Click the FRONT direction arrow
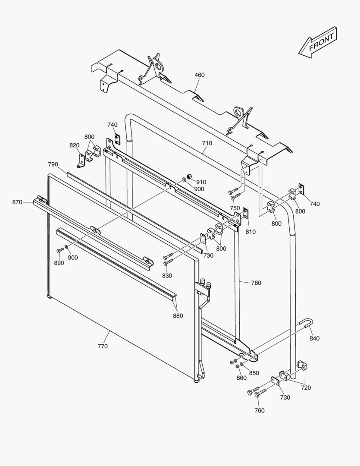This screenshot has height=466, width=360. pos(317,42)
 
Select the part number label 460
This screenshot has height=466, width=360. pos(199,75)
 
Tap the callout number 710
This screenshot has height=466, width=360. pos(207,143)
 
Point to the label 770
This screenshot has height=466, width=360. pos(103,346)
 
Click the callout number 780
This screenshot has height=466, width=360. pos(256,283)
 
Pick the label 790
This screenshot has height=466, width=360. pos(53,164)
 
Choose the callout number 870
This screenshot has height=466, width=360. pos(17,202)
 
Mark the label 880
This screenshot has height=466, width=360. pos(178,315)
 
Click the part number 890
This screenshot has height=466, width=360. pos(59,263)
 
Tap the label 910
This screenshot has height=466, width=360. pos(201,182)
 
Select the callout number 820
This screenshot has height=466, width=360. pos(74,145)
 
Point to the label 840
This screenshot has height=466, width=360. pos(314,338)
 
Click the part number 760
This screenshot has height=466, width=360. pos(259,410)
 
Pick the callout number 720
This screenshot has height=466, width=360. pos(306,387)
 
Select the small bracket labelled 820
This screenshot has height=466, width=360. pos(81,160)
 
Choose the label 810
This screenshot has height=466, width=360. pos(250,232)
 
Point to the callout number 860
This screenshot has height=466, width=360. pos(241,378)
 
